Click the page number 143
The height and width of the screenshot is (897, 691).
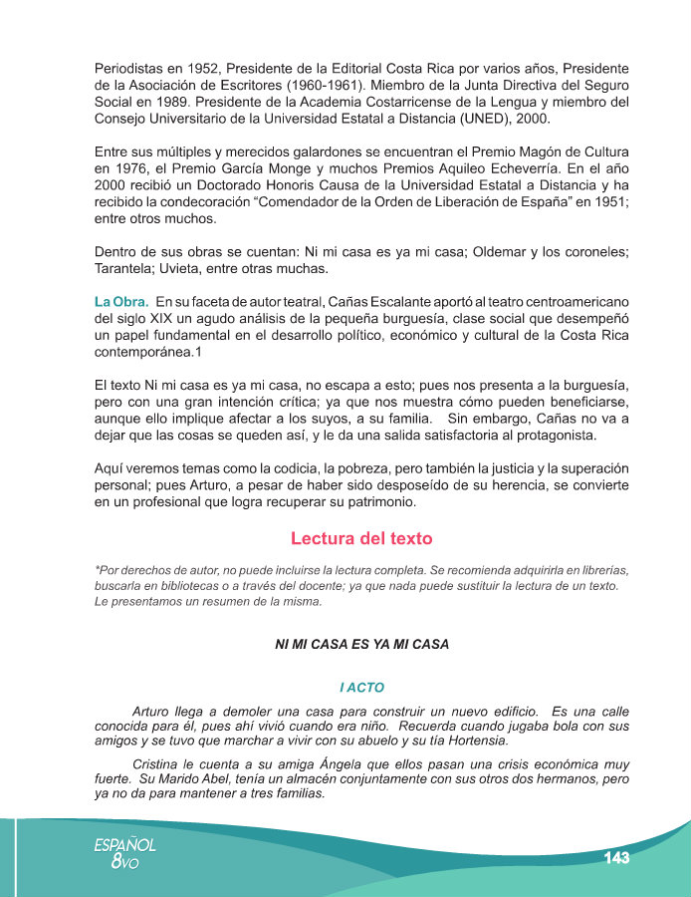pyautogui.click(x=615, y=858)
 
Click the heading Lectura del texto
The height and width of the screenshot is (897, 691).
pyautogui.click(x=361, y=539)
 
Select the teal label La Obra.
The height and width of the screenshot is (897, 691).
pyautogui.click(x=121, y=301)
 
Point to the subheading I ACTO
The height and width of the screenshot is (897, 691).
pyautogui.click(x=361, y=688)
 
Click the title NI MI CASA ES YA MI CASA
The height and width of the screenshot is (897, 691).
pyautogui.click(x=361, y=645)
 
